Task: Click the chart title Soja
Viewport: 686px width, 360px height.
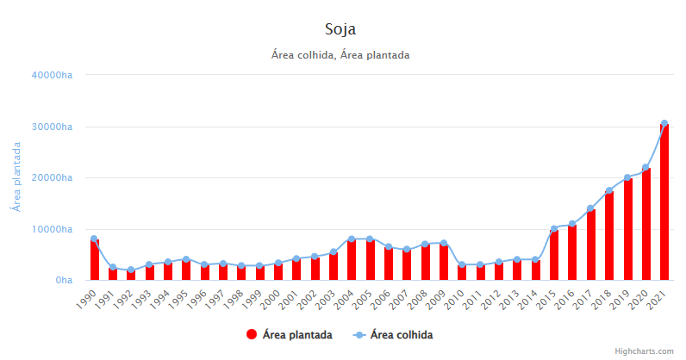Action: point(340,29)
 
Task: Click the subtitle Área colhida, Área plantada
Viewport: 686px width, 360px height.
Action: point(340,55)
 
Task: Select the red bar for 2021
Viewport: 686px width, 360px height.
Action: point(664,203)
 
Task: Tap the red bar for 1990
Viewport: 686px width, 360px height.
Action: point(94,260)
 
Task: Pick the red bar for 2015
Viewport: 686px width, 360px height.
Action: point(554,256)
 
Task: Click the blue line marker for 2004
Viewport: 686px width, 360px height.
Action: point(352,239)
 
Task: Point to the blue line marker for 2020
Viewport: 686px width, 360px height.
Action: point(645,168)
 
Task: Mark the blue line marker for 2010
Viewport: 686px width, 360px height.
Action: point(462,265)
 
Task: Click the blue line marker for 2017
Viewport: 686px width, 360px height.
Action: point(590,208)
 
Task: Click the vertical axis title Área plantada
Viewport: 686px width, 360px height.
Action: point(16,177)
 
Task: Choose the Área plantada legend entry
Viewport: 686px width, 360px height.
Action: point(289,334)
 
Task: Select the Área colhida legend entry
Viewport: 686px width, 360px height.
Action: point(393,334)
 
